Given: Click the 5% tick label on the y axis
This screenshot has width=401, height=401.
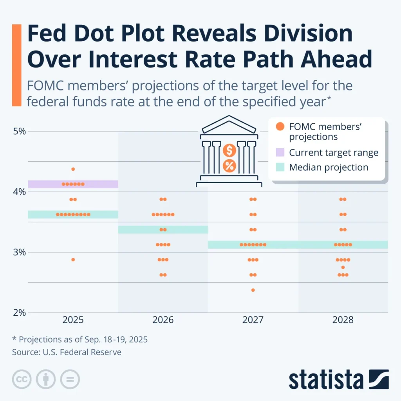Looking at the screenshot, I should (19, 131).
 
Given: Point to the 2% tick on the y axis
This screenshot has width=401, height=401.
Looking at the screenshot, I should (19, 312).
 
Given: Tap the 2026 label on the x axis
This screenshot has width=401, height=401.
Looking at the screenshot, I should (163, 320).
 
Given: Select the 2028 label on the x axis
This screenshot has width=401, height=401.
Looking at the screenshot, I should (343, 320).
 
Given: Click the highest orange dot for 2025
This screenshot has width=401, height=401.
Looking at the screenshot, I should (73, 169).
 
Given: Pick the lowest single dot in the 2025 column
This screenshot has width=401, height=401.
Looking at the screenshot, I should (73, 260).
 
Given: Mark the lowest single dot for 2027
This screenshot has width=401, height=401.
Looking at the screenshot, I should (253, 290).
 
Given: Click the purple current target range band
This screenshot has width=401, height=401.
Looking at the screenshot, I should (73, 184).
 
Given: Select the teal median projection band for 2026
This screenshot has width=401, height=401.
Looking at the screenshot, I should (163, 229).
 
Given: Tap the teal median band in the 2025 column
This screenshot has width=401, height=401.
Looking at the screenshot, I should (73, 214).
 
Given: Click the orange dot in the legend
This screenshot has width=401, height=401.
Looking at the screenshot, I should (280, 126).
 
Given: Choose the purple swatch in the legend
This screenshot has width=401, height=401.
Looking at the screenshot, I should (280, 152).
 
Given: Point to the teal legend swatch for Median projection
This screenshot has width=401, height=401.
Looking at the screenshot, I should (280, 167).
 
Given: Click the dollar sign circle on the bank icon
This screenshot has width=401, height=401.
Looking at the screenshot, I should (229, 150).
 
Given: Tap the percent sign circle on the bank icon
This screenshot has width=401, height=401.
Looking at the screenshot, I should (229, 166).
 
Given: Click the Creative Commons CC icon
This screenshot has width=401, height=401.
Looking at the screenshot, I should (22, 379).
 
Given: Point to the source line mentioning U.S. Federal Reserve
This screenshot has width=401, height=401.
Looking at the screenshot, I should (67, 352).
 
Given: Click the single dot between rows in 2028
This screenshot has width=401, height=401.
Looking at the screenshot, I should (343, 267).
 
